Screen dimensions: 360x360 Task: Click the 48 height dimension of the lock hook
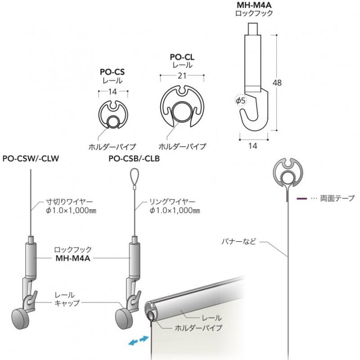pyautogui.click(x=277, y=83)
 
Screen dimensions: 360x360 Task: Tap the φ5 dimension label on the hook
pyautogui.click(x=241, y=100)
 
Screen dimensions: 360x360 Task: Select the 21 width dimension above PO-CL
pyautogui.click(x=182, y=76)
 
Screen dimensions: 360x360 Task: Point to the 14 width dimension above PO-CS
pyautogui.click(x=112, y=92)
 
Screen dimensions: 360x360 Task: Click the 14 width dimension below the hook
pyautogui.click(x=252, y=146)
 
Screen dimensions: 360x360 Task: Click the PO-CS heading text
pyautogui.click(x=112, y=72)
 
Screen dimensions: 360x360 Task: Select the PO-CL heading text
pyautogui.click(x=182, y=57)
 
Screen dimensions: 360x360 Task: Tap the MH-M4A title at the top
pyautogui.click(x=254, y=4)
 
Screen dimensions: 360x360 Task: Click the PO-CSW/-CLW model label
pyautogui.click(x=31, y=158)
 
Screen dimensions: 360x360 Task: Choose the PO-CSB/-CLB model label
pyautogui.click(x=134, y=158)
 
